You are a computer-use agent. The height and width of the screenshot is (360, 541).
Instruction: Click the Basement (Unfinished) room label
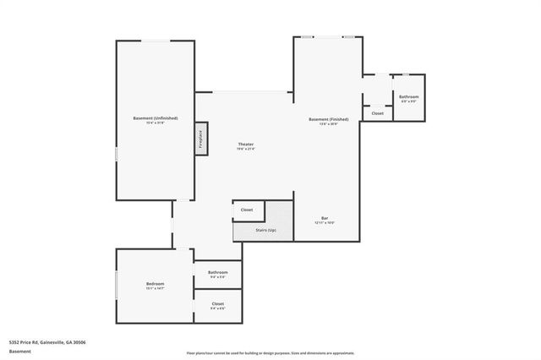click(x=156, y=117)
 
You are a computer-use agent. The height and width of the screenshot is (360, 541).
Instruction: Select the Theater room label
click(x=246, y=145)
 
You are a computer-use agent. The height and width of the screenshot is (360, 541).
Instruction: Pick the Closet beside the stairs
click(x=247, y=210)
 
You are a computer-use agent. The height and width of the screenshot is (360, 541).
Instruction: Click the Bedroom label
click(x=155, y=283)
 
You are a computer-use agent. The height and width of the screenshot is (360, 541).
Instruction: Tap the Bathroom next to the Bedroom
click(x=218, y=272)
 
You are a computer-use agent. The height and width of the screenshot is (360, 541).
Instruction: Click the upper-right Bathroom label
click(x=409, y=97)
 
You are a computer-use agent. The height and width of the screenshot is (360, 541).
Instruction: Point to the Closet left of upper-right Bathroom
click(x=377, y=113)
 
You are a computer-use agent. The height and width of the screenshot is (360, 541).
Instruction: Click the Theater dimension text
click(x=246, y=149)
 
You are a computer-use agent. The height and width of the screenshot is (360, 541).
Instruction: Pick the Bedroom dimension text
click(x=155, y=288)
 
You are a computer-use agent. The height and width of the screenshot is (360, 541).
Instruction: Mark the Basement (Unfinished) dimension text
click(x=156, y=123)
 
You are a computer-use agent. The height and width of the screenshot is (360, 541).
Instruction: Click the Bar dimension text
click(x=325, y=223)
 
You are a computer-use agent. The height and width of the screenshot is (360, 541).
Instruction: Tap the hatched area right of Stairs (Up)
click(x=281, y=218)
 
